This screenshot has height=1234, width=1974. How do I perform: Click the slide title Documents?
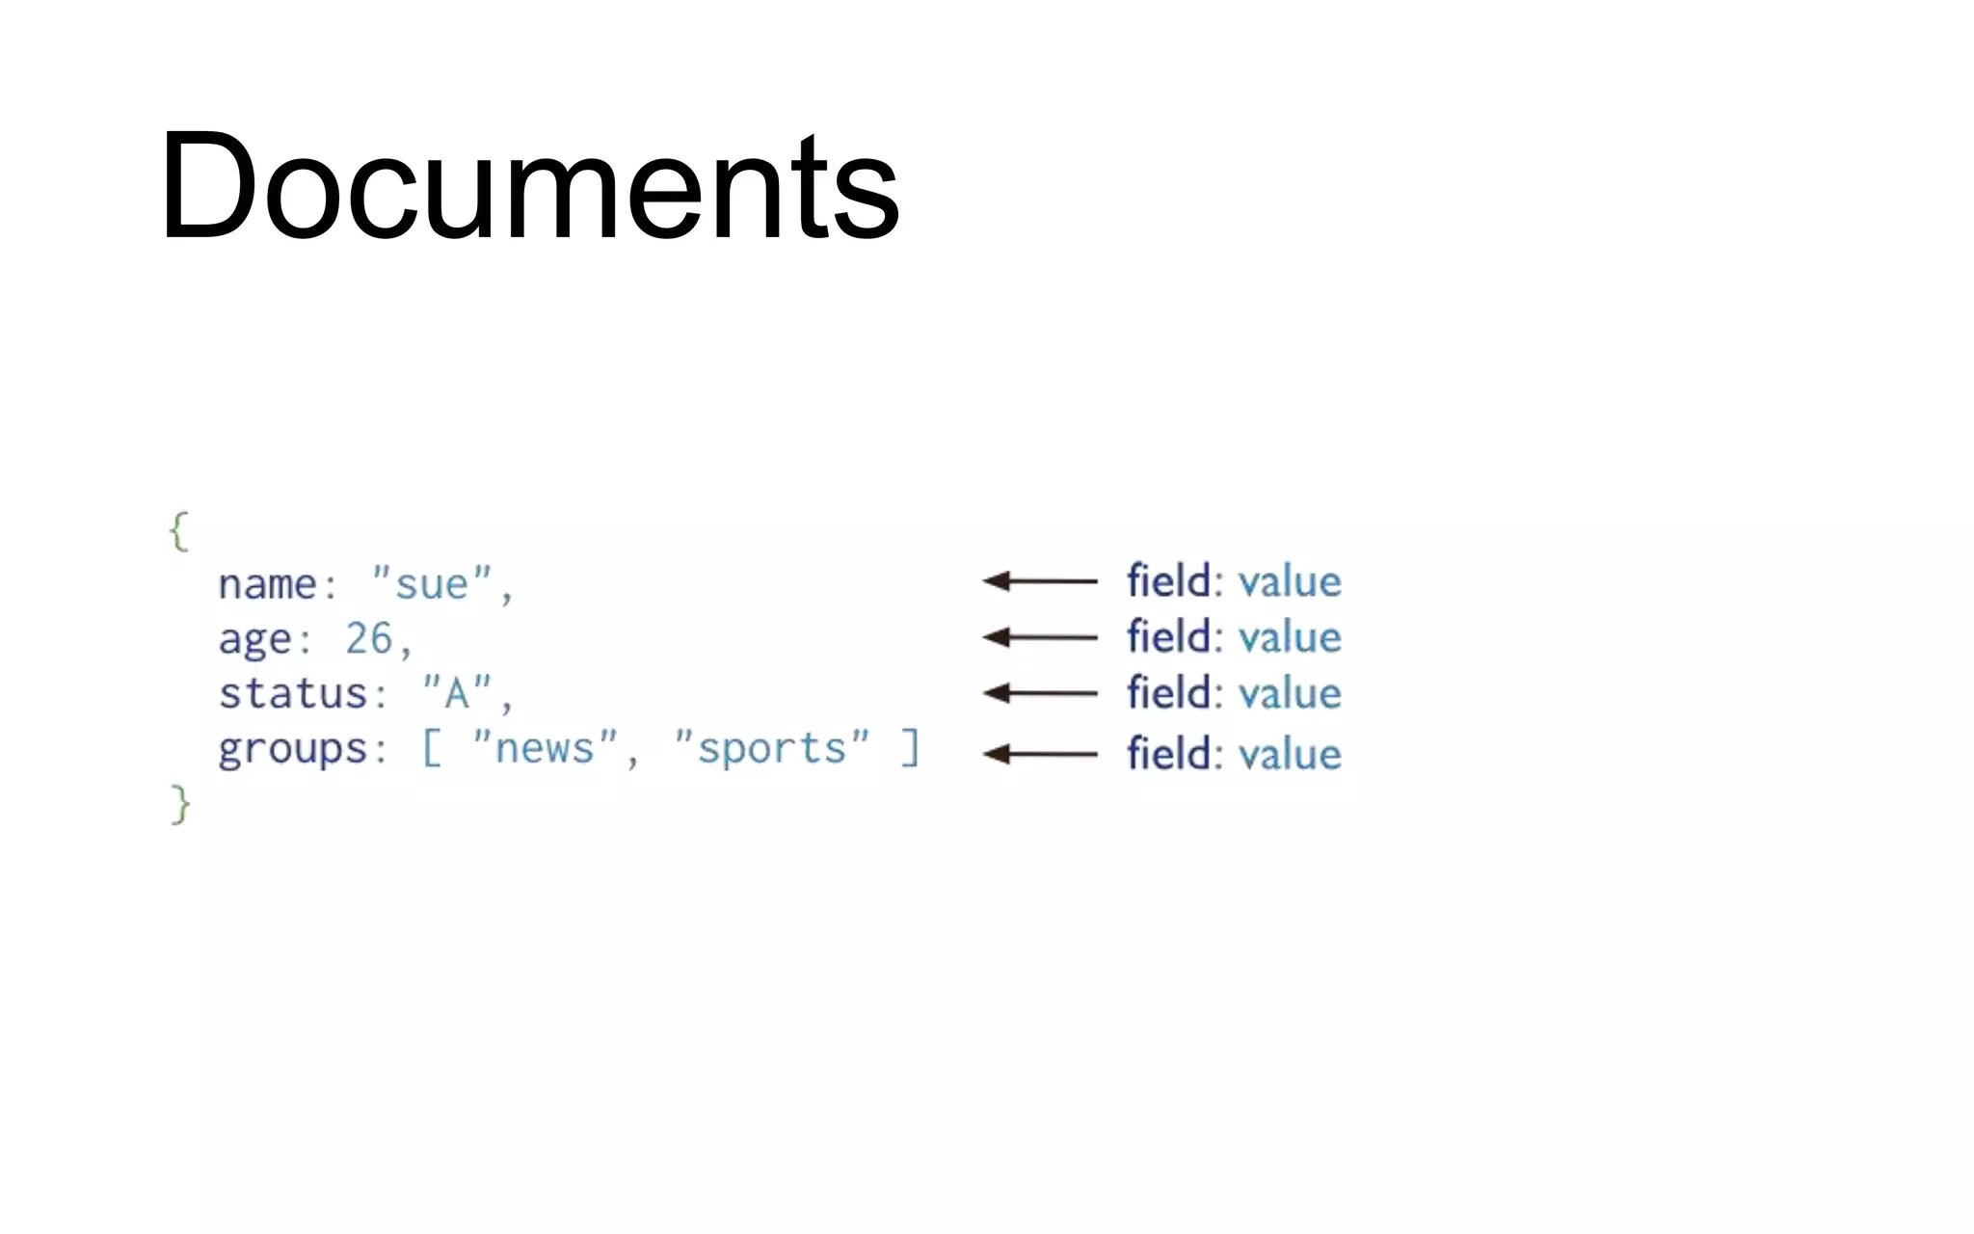(x=529, y=185)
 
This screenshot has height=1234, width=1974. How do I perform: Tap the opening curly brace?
(x=179, y=531)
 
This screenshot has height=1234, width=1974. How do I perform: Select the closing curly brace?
(x=180, y=804)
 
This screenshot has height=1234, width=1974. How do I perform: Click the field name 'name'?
(x=267, y=584)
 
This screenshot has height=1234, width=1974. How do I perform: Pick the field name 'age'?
(x=254, y=640)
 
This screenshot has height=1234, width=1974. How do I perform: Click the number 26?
(x=368, y=638)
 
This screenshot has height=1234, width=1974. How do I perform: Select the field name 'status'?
(x=292, y=694)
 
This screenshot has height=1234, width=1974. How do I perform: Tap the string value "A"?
(x=457, y=692)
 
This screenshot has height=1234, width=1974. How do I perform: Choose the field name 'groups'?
(x=292, y=750)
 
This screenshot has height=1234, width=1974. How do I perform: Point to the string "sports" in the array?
(x=771, y=748)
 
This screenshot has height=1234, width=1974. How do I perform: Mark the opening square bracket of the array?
(x=432, y=748)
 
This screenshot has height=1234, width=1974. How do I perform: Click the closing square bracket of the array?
(x=910, y=748)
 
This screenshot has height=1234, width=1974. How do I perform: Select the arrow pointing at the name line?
(x=1039, y=580)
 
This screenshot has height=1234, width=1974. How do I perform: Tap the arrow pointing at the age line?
(x=1039, y=637)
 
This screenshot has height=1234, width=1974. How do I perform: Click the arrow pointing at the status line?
(x=1039, y=693)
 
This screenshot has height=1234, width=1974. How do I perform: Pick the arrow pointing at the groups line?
(x=1039, y=754)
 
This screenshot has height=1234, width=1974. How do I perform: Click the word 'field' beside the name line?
(x=1168, y=581)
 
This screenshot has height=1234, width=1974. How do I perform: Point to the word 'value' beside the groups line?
(x=1290, y=754)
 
